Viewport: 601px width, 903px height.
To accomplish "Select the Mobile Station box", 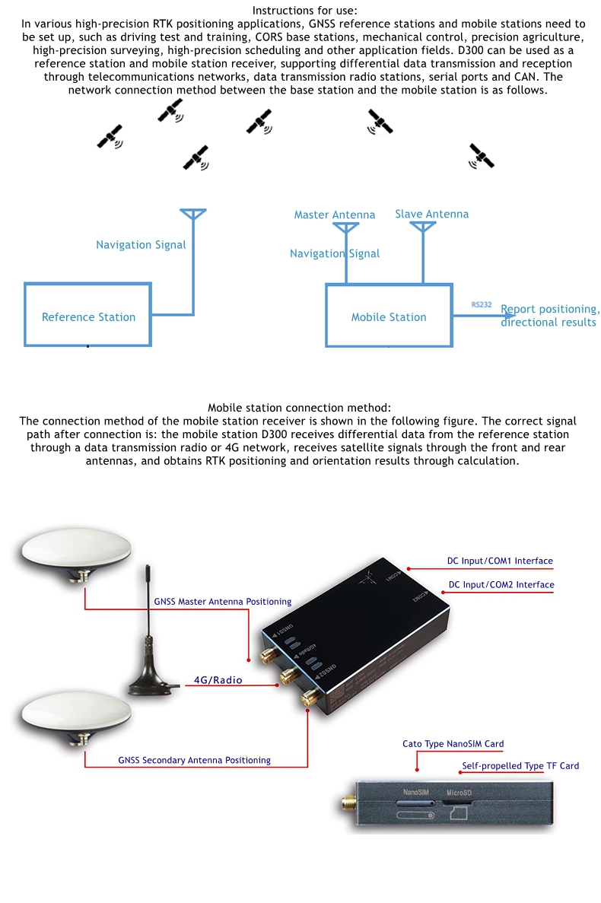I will tap(389, 316).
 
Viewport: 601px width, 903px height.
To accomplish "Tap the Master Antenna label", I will tap(335, 215).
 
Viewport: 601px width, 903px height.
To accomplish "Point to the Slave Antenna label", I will tap(431, 214).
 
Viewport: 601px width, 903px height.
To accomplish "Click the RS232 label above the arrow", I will tap(481, 304).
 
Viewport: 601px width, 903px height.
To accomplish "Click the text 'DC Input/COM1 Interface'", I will tap(500, 561).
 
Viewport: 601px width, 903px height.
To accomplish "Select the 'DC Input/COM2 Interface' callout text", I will tap(501, 585).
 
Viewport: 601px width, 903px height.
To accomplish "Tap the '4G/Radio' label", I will tap(218, 680).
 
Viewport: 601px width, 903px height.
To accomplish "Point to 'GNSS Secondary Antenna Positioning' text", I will tap(194, 760).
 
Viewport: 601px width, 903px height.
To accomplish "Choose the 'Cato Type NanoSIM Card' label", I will tap(453, 744).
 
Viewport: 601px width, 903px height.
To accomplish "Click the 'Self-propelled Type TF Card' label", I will tap(520, 766).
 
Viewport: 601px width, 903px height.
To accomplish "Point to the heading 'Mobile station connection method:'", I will tap(299, 409).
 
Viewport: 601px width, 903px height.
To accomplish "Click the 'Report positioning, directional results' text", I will tap(549, 316).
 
